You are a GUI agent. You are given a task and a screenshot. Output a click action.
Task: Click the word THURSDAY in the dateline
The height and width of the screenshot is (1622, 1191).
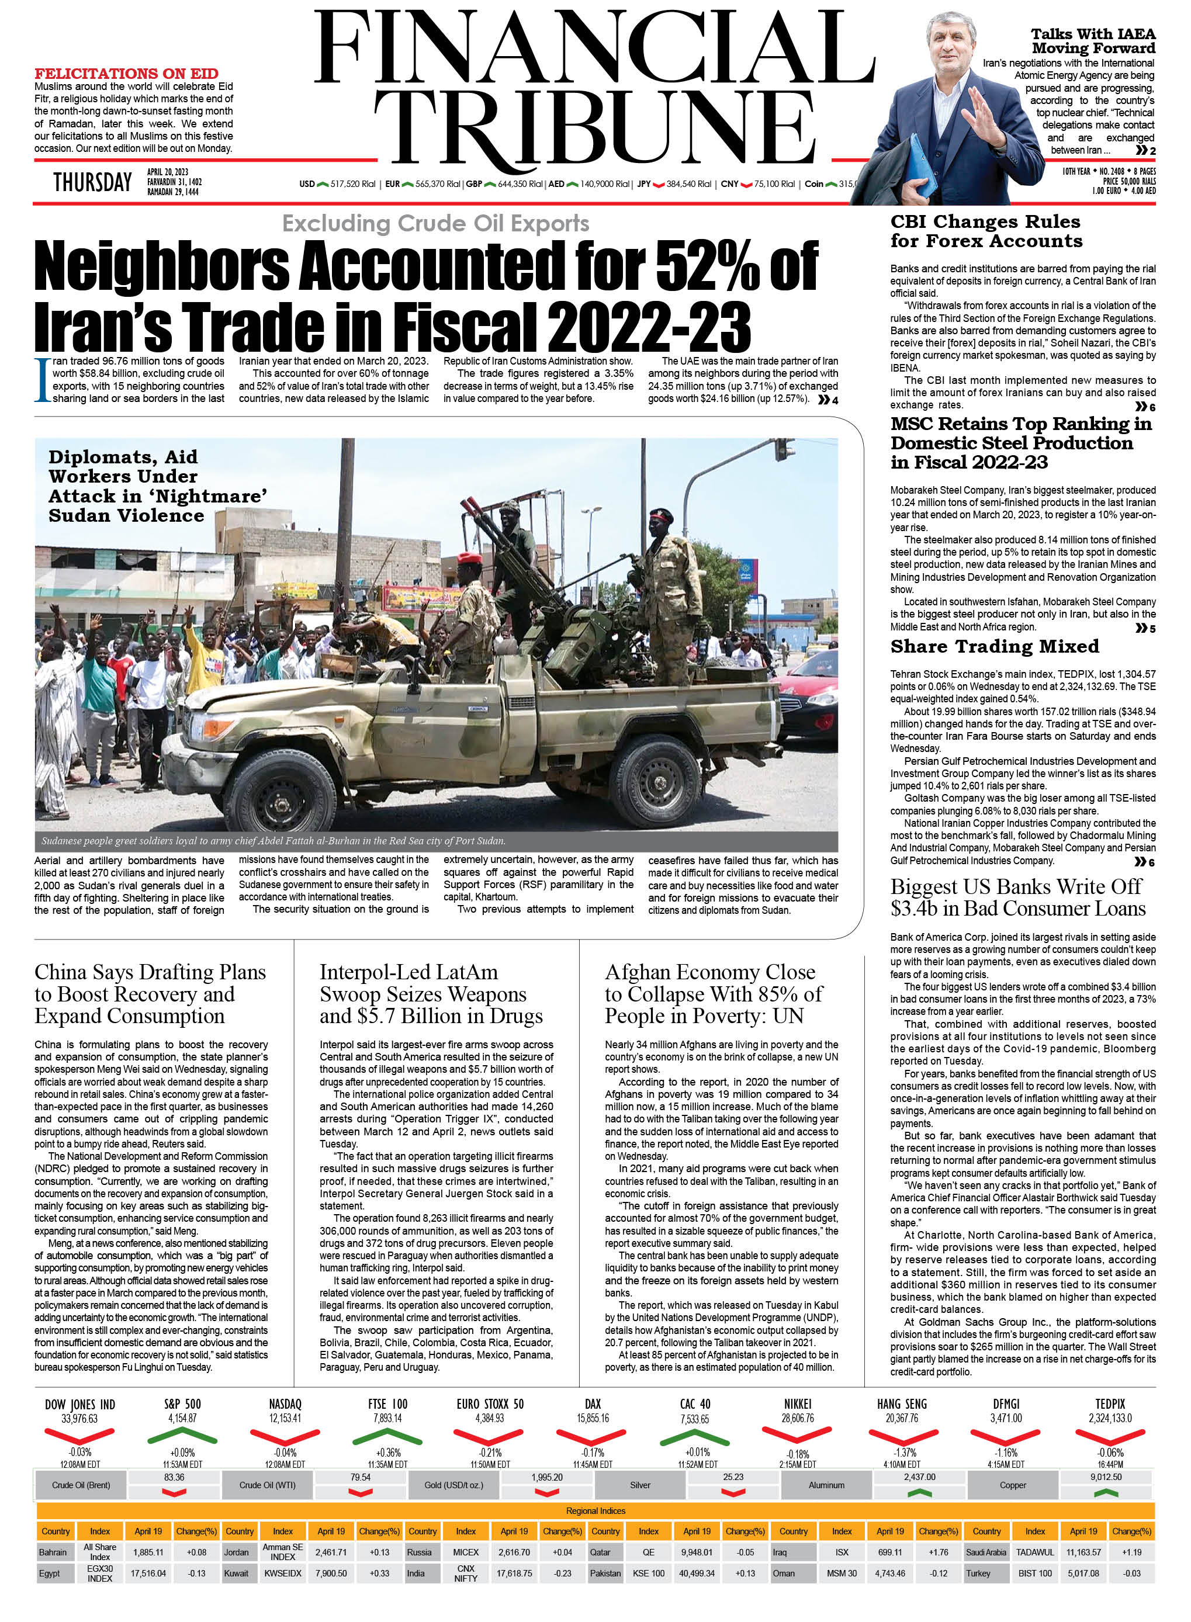(92, 182)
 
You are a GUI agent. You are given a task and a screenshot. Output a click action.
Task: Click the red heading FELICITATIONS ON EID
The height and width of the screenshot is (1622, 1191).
(126, 74)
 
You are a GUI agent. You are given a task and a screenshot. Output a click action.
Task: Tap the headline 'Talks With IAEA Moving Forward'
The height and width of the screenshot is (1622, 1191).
(1092, 41)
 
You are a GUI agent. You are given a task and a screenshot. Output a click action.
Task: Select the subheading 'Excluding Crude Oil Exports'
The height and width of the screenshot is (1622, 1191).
(435, 223)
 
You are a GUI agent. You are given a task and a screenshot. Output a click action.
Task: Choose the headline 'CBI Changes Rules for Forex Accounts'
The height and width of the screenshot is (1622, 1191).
(985, 231)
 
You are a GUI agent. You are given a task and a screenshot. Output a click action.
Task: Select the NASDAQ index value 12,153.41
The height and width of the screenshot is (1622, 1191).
(285, 1418)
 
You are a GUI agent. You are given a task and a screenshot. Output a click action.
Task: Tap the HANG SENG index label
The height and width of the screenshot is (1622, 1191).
(901, 1403)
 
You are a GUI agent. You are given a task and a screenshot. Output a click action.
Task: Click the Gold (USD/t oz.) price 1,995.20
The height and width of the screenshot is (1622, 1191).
(546, 1477)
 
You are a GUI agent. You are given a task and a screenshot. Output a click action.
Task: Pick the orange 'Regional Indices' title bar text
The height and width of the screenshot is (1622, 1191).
(595, 1510)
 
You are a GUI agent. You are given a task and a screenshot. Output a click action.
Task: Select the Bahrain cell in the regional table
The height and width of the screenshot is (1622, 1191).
(53, 1552)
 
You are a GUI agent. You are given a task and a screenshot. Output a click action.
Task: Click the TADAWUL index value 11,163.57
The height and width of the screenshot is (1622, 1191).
(1083, 1552)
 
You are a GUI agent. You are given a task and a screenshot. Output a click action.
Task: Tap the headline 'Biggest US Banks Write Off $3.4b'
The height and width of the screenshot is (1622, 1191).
(1017, 897)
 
